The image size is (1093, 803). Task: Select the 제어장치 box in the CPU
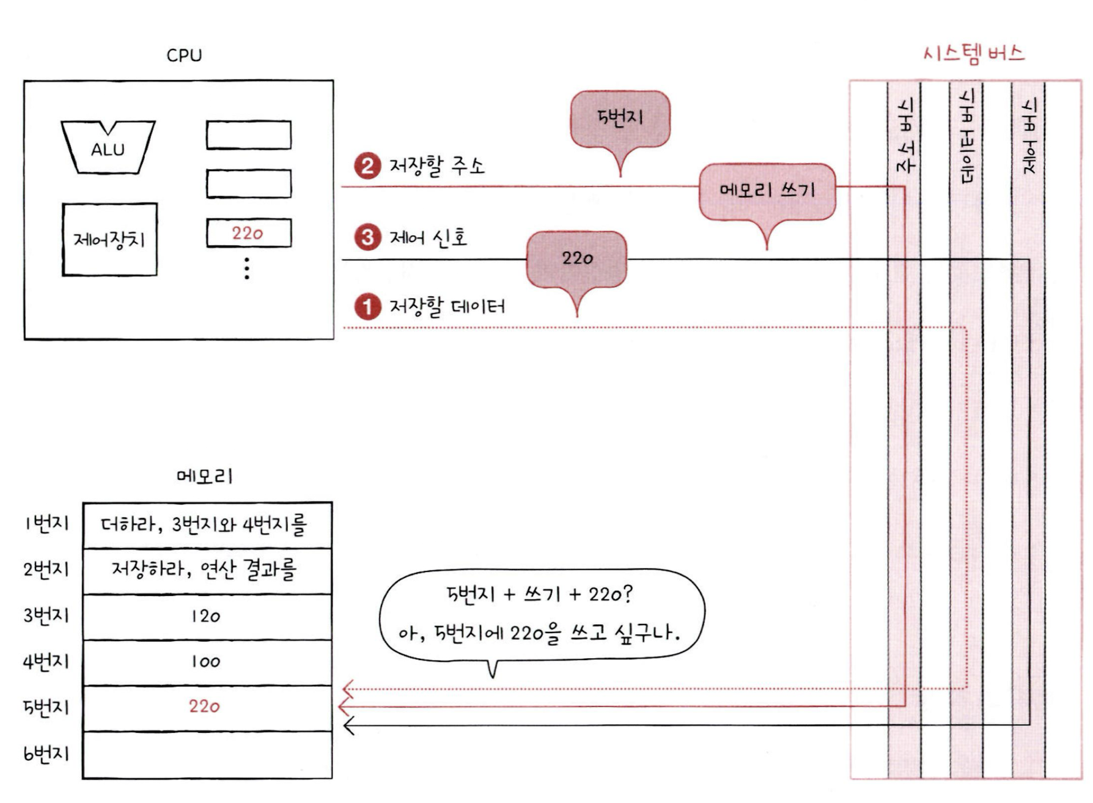[x=109, y=240]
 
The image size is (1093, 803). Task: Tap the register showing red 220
[x=248, y=233]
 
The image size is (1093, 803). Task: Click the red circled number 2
[x=367, y=166]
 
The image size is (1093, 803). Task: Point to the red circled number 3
[x=367, y=237]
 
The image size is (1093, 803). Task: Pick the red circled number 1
[x=367, y=307]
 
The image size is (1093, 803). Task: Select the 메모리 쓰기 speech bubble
[x=767, y=191]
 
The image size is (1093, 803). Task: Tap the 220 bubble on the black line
[x=576, y=258]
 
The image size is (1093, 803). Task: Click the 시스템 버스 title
[x=973, y=54]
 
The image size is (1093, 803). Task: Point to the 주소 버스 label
[x=905, y=136]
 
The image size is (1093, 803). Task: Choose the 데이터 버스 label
[x=966, y=136]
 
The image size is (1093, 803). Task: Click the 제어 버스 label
[x=1029, y=136]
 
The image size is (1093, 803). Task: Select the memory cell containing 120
[x=207, y=617]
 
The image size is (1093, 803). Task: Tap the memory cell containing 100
[x=207, y=662]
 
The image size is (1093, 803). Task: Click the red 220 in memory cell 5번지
[x=204, y=707]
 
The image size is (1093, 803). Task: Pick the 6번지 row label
[x=46, y=754]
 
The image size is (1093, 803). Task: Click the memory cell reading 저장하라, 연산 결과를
[x=207, y=571]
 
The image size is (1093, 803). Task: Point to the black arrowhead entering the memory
[x=349, y=727]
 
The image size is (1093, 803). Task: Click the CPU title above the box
[x=184, y=56]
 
